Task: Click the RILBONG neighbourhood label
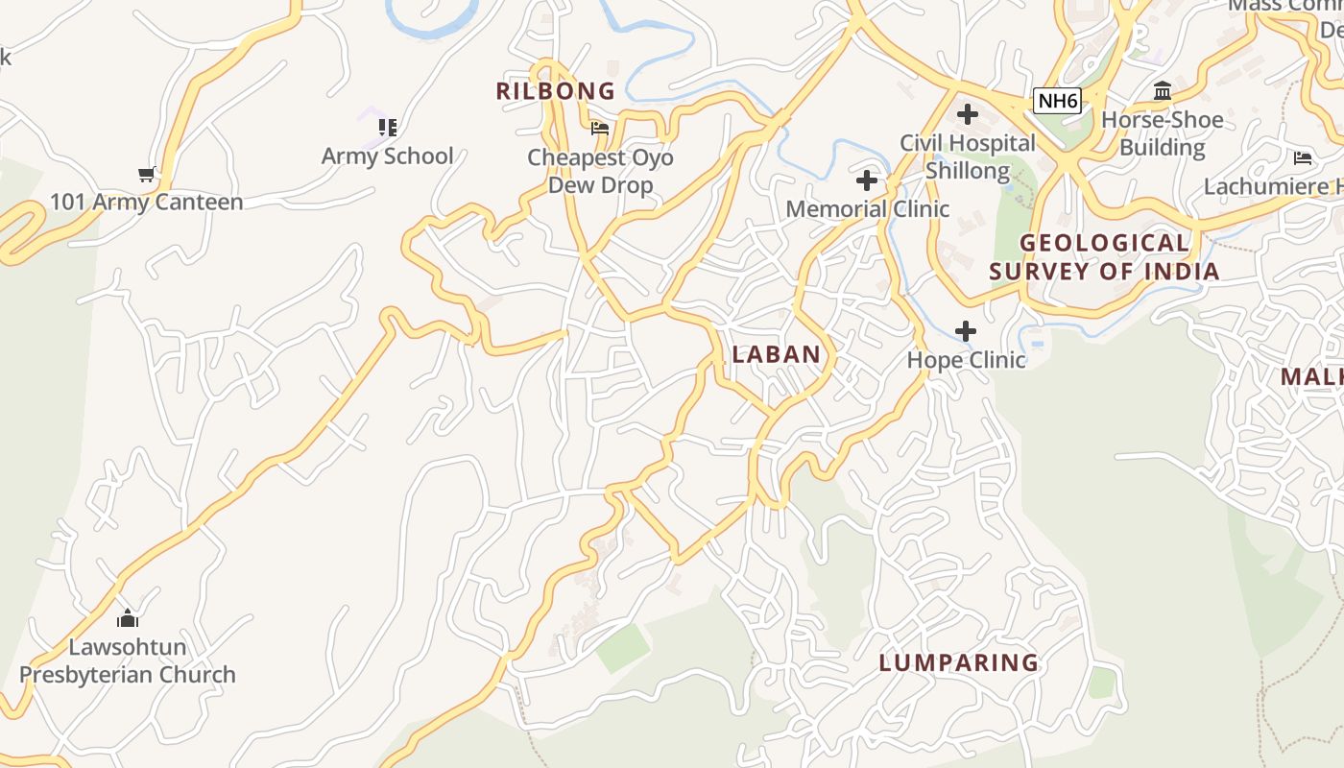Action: click(x=555, y=91)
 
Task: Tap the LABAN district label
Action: click(x=776, y=354)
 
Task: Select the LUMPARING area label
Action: click(x=959, y=662)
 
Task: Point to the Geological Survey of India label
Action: click(x=1104, y=257)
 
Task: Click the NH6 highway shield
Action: click(x=1057, y=100)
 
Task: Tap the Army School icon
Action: click(x=387, y=127)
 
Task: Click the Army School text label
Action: click(x=387, y=156)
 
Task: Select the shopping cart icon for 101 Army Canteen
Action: click(x=147, y=174)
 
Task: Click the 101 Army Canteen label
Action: click(x=146, y=202)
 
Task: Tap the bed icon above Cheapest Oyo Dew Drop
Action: click(x=600, y=128)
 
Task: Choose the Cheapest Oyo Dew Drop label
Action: click(x=600, y=171)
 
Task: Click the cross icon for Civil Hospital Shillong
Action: click(x=968, y=115)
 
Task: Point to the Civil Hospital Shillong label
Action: click(x=968, y=156)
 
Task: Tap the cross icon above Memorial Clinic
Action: click(x=867, y=180)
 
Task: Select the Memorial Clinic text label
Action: click(x=867, y=208)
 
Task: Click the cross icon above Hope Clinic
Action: click(x=966, y=332)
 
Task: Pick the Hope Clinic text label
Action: click(x=966, y=360)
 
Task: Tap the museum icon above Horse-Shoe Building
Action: click(x=1163, y=91)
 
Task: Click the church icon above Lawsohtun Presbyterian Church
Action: click(x=128, y=618)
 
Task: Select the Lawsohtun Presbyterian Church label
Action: click(x=128, y=660)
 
